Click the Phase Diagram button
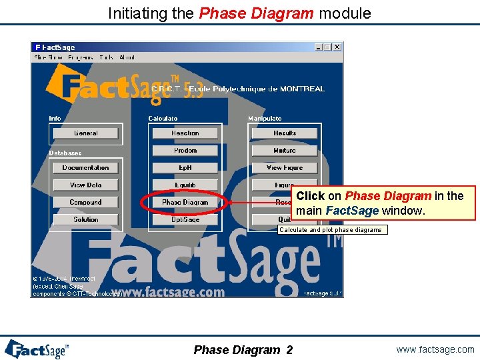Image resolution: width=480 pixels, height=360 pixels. [185, 202]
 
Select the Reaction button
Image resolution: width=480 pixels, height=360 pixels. [185, 133]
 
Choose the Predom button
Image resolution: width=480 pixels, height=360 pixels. [185, 151]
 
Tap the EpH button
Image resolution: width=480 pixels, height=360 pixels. [185, 168]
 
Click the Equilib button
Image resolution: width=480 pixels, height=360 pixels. [185, 185]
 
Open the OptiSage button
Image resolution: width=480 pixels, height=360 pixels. [185, 219]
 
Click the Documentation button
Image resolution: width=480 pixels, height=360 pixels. [85, 168]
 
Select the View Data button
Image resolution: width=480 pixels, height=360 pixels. [85, 185]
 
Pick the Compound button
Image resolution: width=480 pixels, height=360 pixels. [85, 202]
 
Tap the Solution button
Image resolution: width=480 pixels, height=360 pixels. [85, 219]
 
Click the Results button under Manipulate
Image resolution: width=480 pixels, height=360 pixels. [285, 133]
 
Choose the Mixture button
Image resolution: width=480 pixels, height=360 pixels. [285, 151]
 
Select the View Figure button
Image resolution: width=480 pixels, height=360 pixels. [285, 168]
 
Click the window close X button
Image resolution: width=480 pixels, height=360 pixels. [337, 47]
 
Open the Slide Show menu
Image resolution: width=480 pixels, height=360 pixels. [48, 57]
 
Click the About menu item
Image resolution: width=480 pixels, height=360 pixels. [127, 57]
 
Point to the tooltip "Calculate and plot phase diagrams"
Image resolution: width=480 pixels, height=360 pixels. [331, 230]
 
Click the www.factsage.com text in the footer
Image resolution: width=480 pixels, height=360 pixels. [435, 349]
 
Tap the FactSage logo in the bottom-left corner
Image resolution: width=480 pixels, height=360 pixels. [37, 349]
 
